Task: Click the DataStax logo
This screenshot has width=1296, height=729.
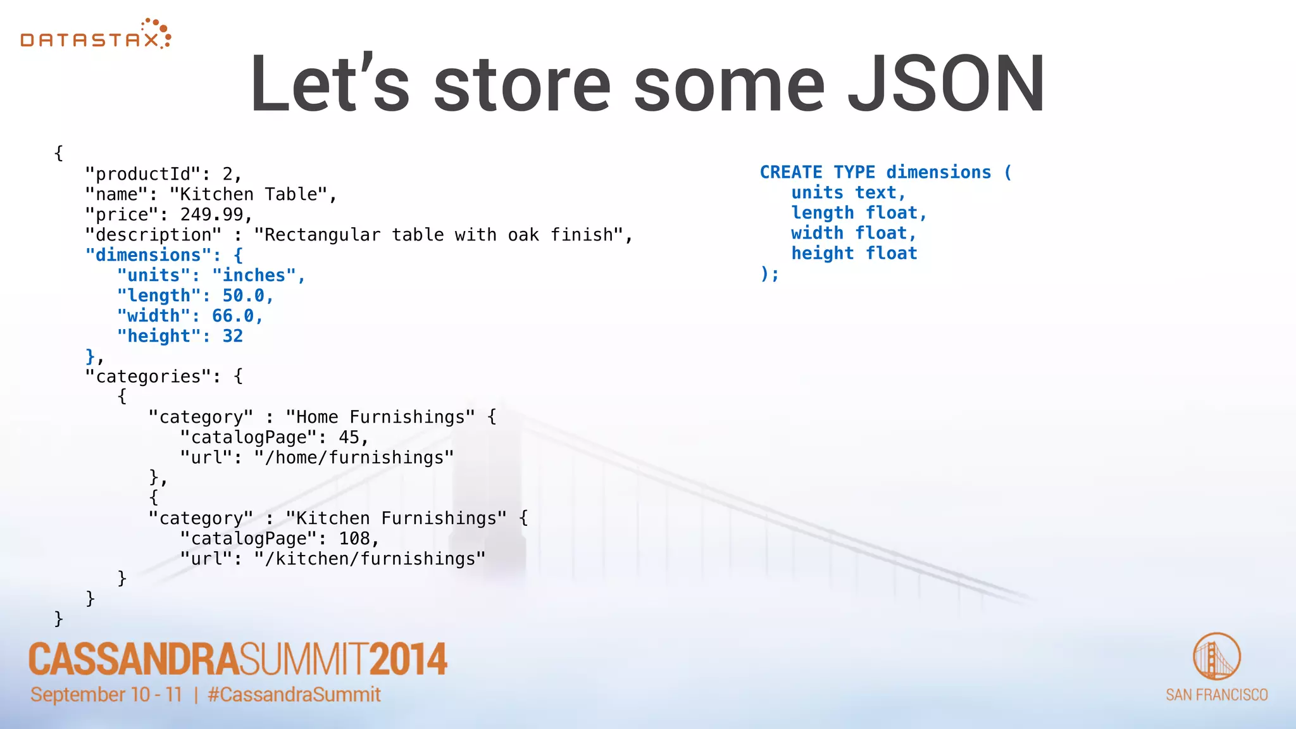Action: click(x=96, y=35)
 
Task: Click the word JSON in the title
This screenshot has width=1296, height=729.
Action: click(x=945, y=84)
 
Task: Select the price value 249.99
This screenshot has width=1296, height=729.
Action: click(x=212, y=215)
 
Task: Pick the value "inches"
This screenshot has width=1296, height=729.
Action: click(x=254, y=275)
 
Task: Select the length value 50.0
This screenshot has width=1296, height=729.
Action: click(x=243, y=296)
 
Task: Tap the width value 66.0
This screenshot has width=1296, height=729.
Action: click(x=232, y=316)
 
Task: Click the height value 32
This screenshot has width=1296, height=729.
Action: click(x=232, y=336)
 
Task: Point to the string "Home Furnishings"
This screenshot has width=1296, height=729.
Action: click(x=380, y=417)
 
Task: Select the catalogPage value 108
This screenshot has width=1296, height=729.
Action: click(x=354, y=539)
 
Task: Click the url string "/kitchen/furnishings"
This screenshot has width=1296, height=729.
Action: click(x=370, y=559)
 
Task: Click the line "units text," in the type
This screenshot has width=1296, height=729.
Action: click(x=848, y=192)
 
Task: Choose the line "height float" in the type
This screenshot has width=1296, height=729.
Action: click(x=854, y=253)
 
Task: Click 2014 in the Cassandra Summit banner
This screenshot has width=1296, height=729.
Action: click(x=408, y=659)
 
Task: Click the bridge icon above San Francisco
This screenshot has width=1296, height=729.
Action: click(x=1216, y=656)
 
